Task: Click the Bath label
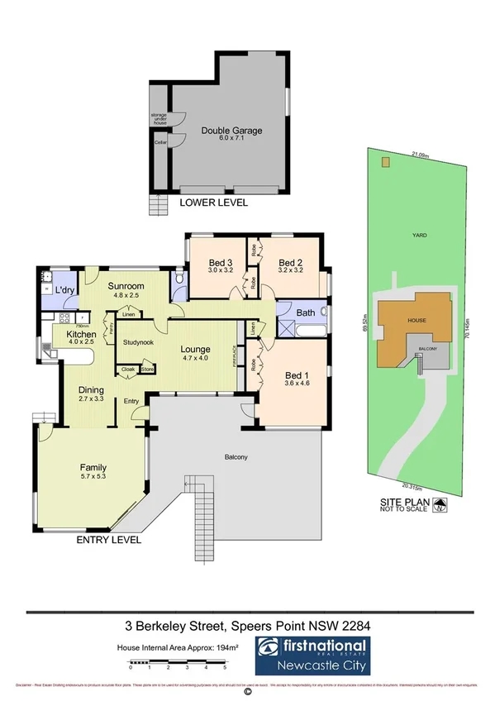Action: pos(306,312)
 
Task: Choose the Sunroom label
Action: pos(127,286)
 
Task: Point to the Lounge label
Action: pos(196,349)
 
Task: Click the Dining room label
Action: pos(90,390)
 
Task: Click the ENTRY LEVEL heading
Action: pos(108,540)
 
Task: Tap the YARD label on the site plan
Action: pos(420,235)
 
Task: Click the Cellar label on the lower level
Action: pos(160,142)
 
